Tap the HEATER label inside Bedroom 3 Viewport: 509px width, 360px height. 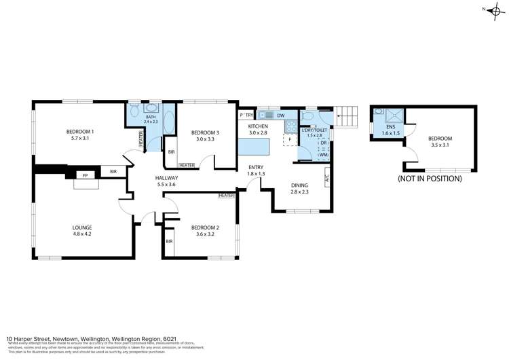click(x=188, y=165)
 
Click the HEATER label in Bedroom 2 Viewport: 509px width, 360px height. click(x=226, y=196)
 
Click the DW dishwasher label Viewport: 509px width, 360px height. click(x=280, y=116)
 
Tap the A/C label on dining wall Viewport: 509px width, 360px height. click(x=327, y=180)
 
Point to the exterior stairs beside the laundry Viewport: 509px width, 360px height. click(x=347, y=118)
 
